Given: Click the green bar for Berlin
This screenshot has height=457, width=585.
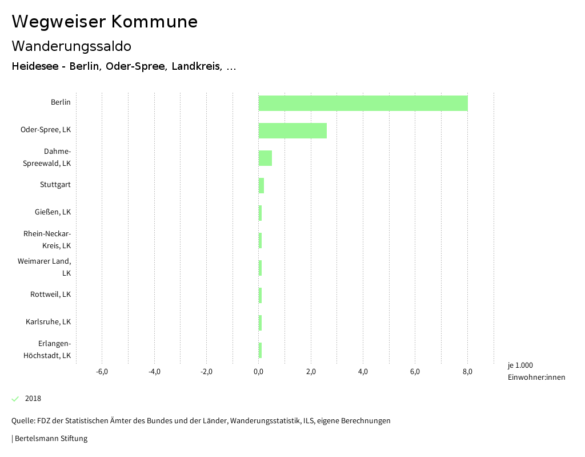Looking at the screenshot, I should click(363, 103).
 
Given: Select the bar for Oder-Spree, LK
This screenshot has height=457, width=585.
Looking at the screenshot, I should click(292, 130).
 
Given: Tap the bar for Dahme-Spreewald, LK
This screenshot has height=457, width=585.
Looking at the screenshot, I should click(265, 158).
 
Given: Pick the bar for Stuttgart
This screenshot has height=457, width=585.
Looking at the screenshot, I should click(261, 185).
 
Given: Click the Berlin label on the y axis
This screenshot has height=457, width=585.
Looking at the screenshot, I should click(61, 102).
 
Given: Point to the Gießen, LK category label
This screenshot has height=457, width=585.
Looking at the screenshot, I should click(53, 212).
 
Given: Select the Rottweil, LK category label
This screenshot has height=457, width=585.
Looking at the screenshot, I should click(50, 295).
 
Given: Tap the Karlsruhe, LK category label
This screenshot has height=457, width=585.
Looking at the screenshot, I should click(48, 322).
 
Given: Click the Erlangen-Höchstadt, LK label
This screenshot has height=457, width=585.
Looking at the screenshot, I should click(47, 349).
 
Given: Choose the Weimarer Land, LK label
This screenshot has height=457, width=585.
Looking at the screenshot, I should click(45, 267).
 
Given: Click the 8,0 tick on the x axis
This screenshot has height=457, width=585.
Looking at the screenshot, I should click(467, 372).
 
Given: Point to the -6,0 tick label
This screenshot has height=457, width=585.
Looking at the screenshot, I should click(102, 372).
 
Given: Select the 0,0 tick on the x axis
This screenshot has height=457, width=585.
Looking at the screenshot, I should click(259, 372).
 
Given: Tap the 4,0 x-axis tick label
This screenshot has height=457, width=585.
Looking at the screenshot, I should click(363, 372).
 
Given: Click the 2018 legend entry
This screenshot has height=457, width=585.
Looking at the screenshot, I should click(33, 399).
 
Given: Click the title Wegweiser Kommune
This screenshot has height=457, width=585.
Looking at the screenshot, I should click(105, 22).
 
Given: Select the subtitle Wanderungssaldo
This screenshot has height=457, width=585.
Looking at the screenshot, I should click(71, 46).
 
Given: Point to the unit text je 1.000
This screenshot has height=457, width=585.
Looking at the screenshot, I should click(520, 365).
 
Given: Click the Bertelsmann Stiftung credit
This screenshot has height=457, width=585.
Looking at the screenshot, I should click(51, 439).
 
